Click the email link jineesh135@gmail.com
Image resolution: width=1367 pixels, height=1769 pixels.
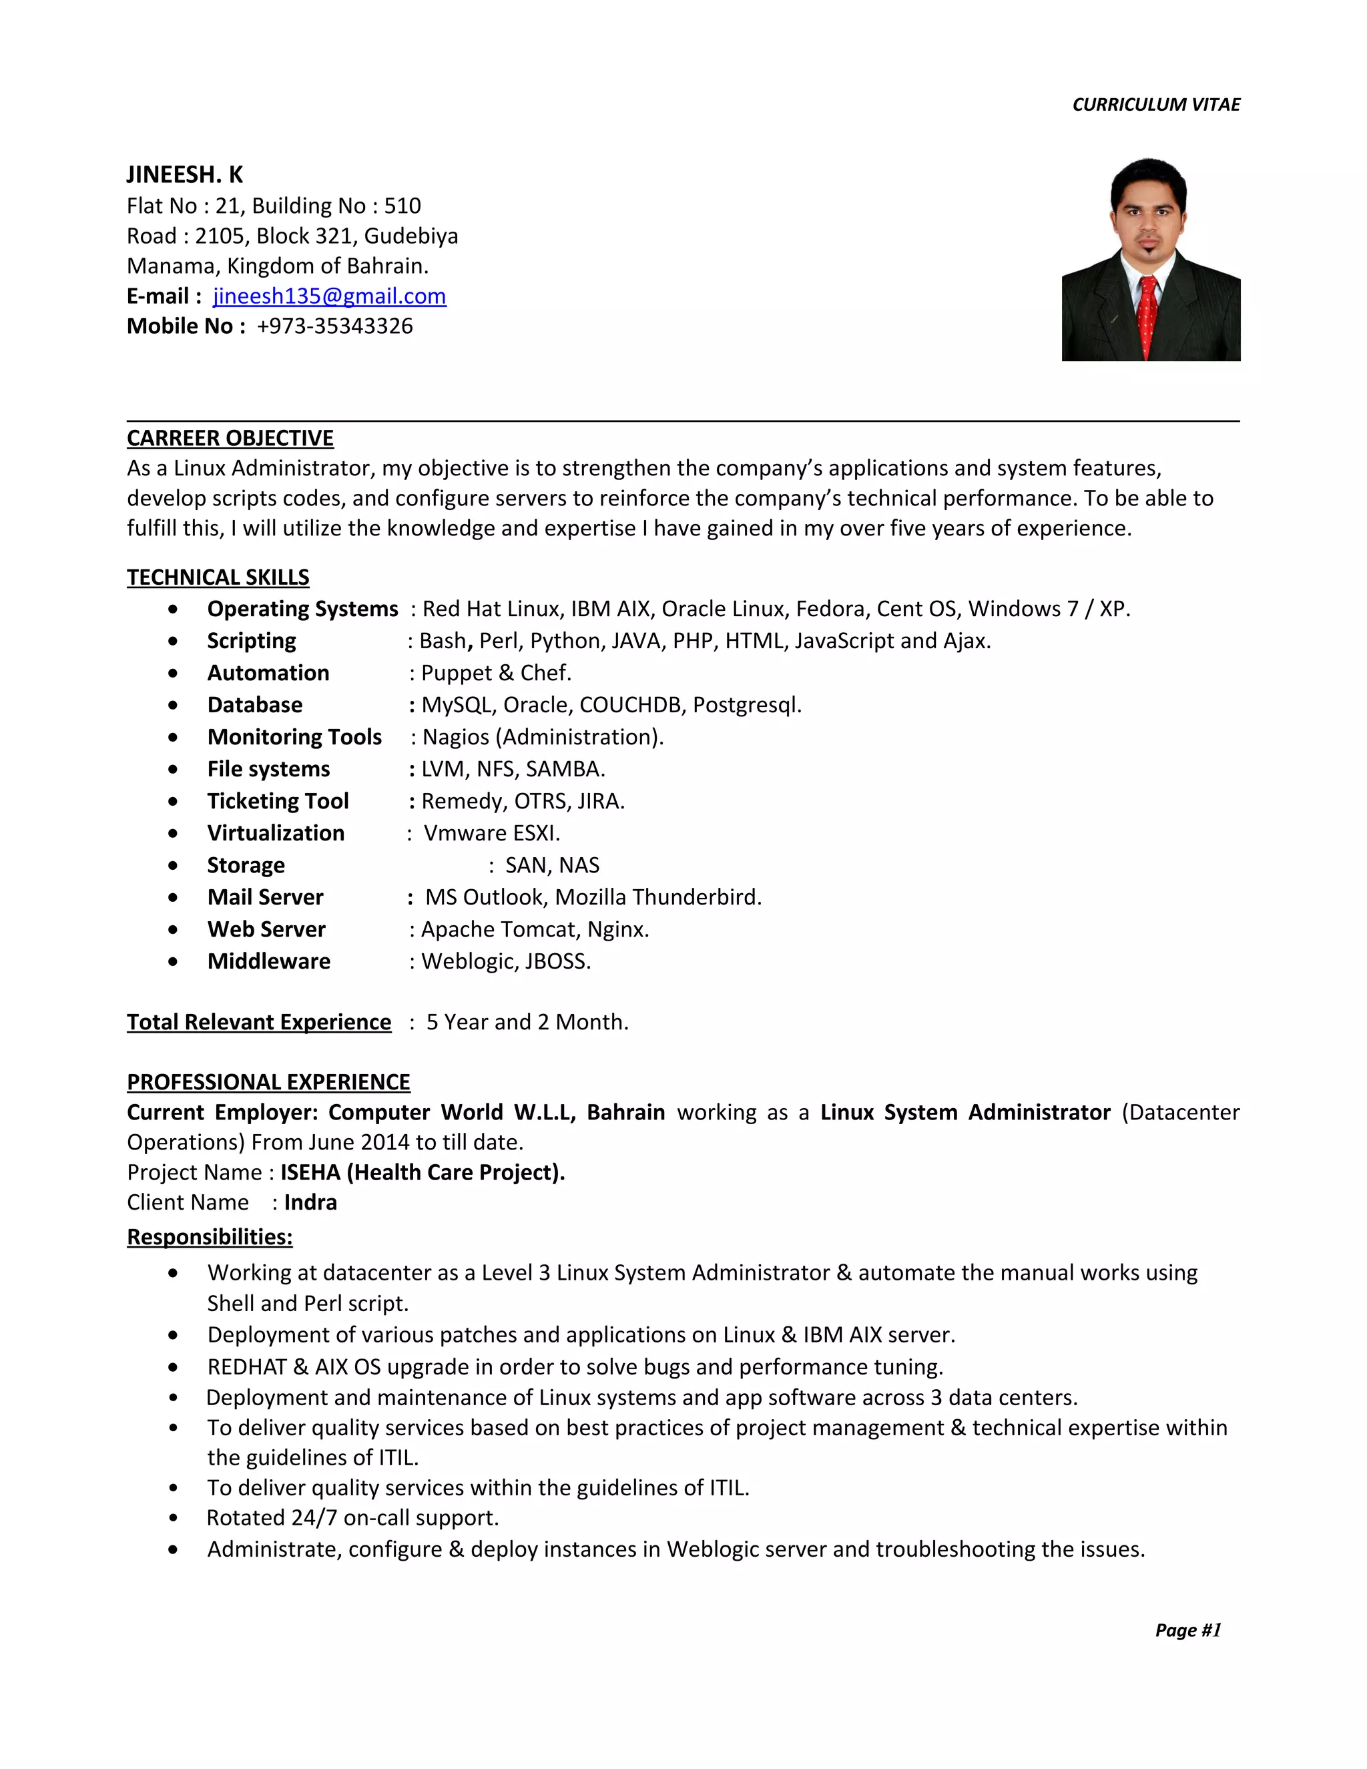point(329,296)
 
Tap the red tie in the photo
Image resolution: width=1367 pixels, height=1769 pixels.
point(1147,316)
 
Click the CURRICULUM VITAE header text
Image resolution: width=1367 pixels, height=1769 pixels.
point(1155,105)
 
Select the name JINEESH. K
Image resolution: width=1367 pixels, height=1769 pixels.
point(185,175)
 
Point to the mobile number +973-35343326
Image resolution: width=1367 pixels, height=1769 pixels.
point(334,326)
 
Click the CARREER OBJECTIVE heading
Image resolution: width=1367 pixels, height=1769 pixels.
point(230,438)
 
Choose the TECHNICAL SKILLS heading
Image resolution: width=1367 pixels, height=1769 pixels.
point(218,577)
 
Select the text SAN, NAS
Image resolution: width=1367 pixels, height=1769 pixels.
point(552,866)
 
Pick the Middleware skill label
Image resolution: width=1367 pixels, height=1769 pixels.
point(269,961)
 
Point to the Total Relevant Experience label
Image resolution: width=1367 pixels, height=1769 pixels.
point(258,1022)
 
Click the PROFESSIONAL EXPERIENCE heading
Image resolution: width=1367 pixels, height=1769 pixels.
point(268,1083)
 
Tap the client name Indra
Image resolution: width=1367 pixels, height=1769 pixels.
point(310,1203)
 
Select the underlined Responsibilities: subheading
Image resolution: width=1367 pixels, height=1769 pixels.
point(210,1237)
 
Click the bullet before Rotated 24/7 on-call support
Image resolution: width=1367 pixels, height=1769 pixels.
point(174,1519)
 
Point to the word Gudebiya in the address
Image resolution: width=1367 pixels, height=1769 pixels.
point(411,236)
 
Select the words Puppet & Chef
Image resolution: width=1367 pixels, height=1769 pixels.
point(496,673)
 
